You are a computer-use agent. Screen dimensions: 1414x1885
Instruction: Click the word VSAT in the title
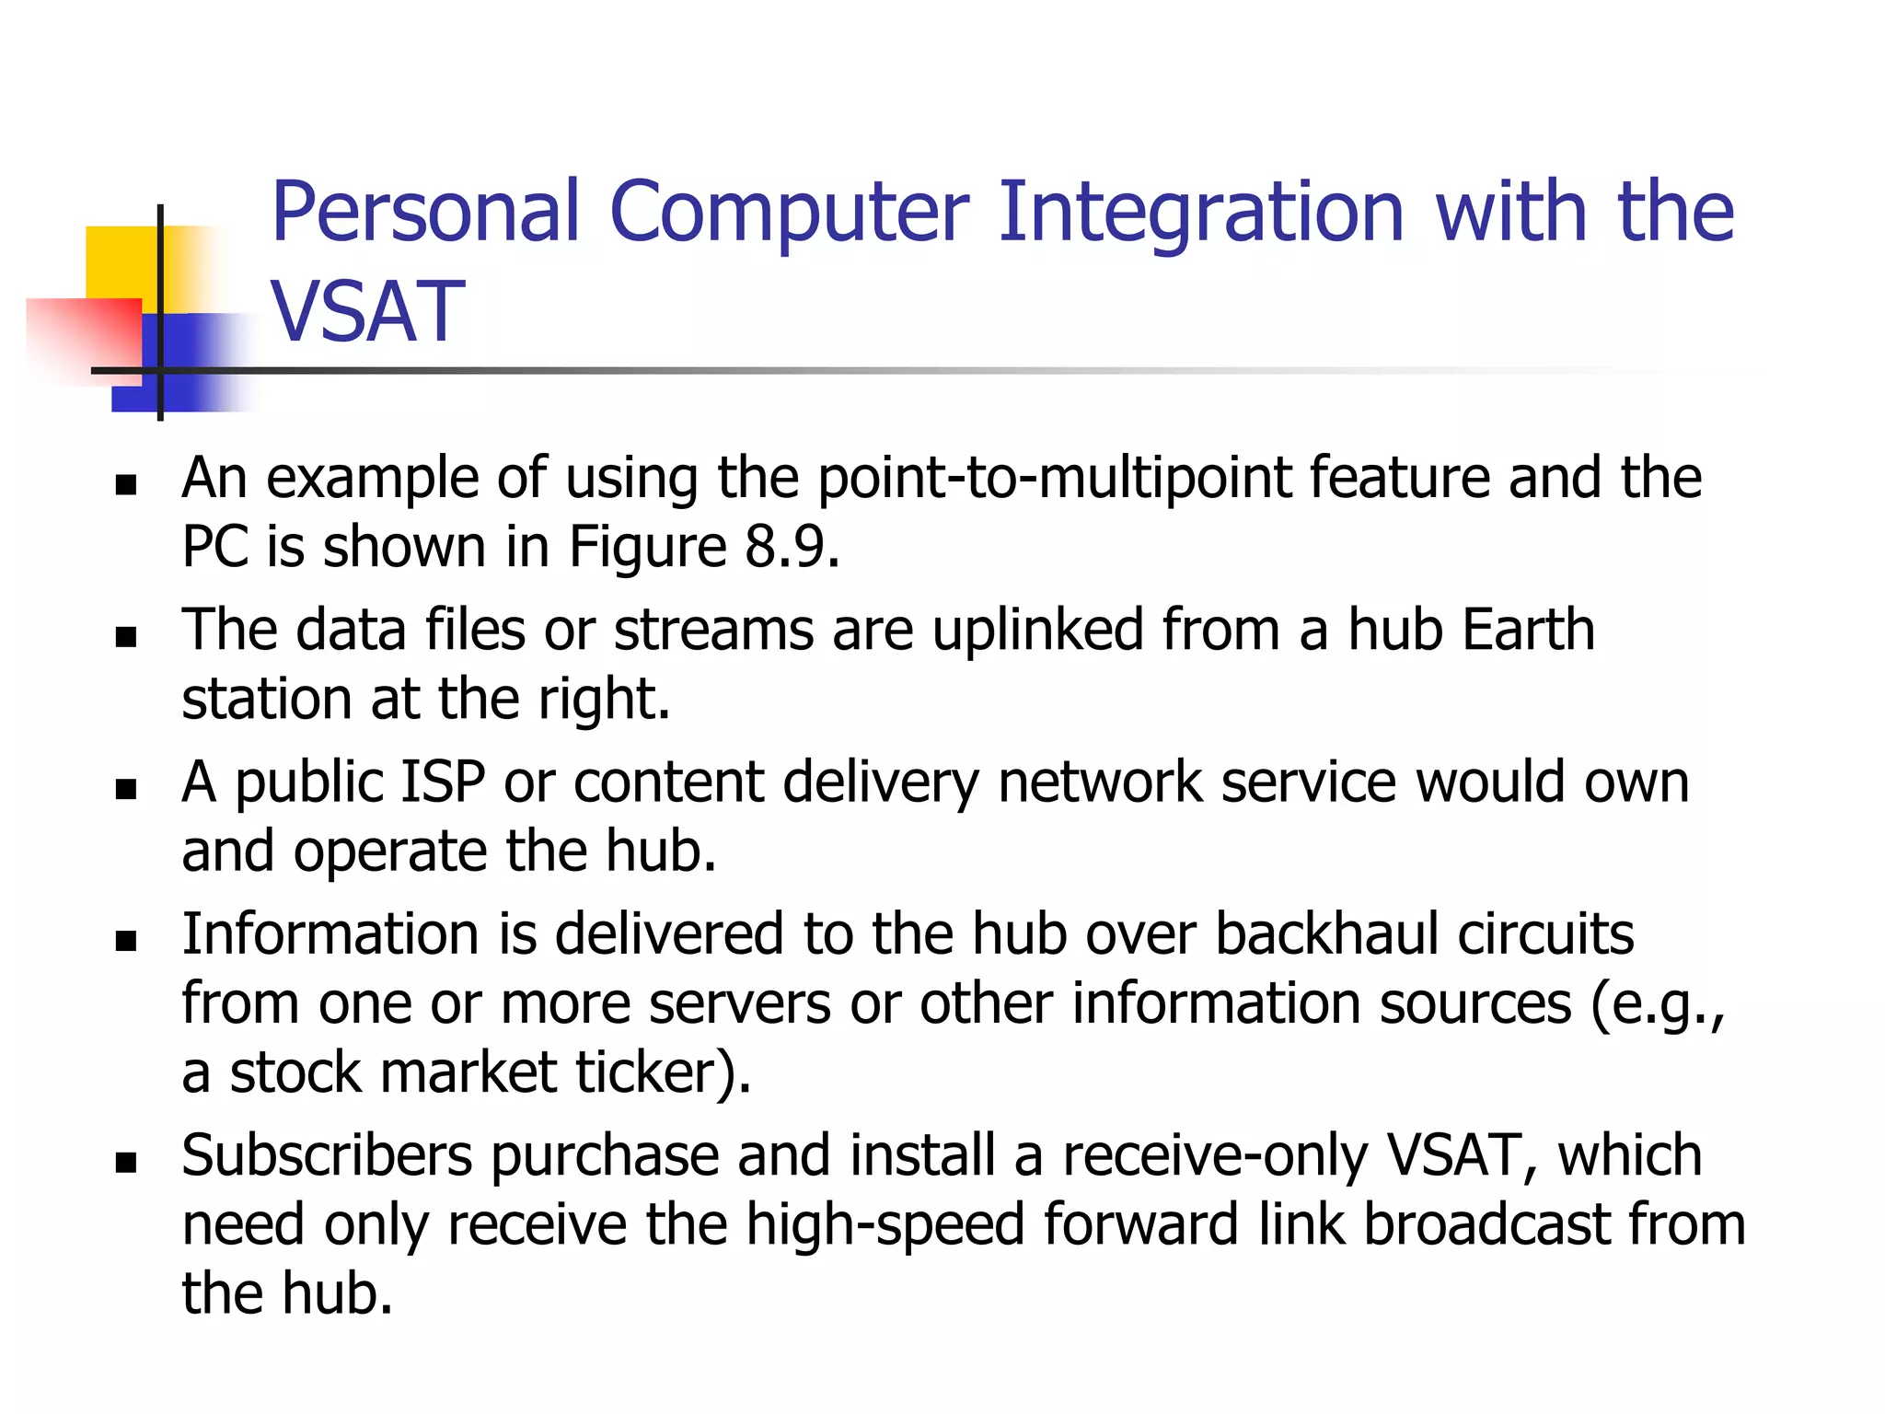pos(368,312)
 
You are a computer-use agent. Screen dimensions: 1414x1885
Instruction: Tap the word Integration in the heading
pos(1200,213)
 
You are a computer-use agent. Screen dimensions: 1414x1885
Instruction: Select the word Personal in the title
pos(425,213)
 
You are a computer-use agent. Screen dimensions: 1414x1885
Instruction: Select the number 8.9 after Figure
pos(792,547)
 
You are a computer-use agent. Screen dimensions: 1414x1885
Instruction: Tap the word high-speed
pos(885,1225)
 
